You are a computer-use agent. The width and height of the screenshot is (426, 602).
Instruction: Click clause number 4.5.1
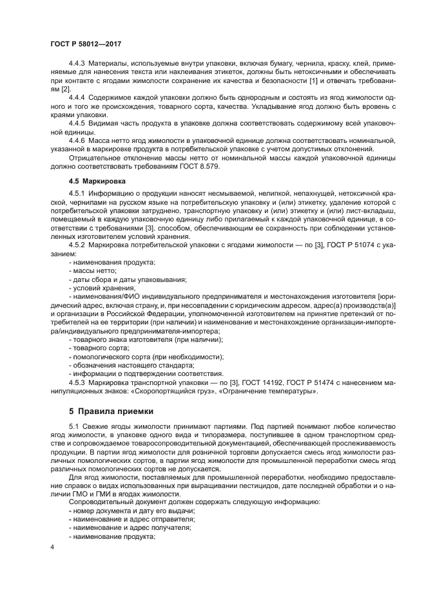click(x=77, y=193)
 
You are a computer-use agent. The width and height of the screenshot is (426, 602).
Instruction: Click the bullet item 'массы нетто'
click(x=93, y=271)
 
